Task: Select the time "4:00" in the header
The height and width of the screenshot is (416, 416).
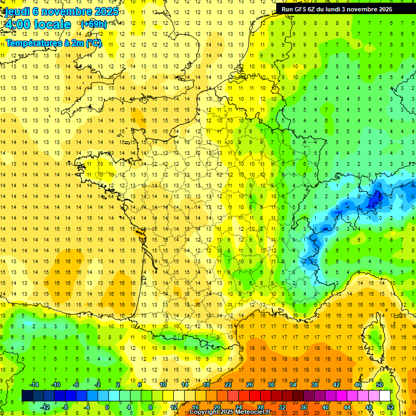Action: [x=17, y=24]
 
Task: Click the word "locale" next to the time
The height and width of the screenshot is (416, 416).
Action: [x=52, y=24]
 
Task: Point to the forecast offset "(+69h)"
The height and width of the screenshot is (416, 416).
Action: [x=93, y=24]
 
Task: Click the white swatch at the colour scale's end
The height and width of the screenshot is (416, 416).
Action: [x=385, y=396]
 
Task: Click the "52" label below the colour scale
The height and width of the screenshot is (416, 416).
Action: [x=391, y=407]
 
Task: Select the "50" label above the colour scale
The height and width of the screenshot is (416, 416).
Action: [x=380, y=385]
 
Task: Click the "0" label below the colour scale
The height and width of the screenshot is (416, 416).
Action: [x=108, y=407]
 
